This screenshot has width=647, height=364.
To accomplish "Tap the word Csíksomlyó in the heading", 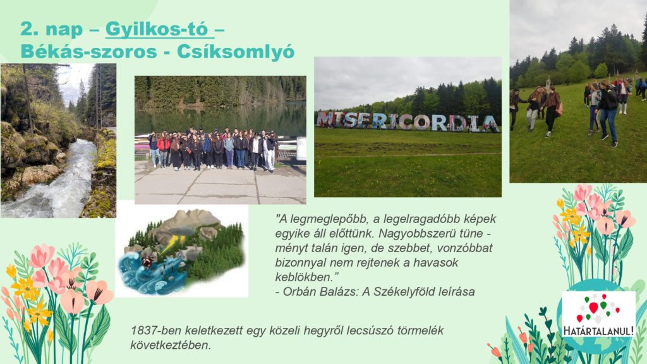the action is click(x=236, y=52).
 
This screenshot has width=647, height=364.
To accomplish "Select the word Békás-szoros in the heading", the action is click(x=88, y=52).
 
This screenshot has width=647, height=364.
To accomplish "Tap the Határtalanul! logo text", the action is click(x=598, y=331).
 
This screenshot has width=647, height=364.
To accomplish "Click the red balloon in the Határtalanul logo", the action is click(x=593, y=308).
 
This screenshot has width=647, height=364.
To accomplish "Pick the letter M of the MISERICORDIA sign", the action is click(x=325, y=119).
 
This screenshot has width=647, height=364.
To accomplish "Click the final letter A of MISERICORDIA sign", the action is click(x=490, y=123).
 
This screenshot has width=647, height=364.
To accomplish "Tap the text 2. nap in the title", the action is click(x=52, y=29).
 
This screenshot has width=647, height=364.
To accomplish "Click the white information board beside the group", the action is click(x=301, y=149).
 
